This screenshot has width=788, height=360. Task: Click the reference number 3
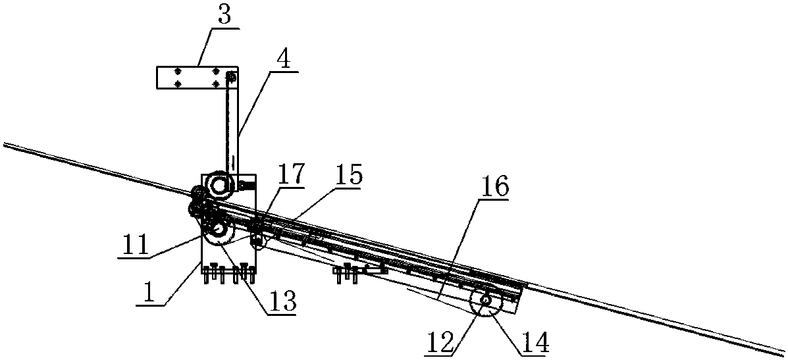224,16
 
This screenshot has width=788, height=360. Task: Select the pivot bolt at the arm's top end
230,78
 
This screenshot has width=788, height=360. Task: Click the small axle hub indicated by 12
486,301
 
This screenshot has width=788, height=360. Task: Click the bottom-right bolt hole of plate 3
215,84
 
